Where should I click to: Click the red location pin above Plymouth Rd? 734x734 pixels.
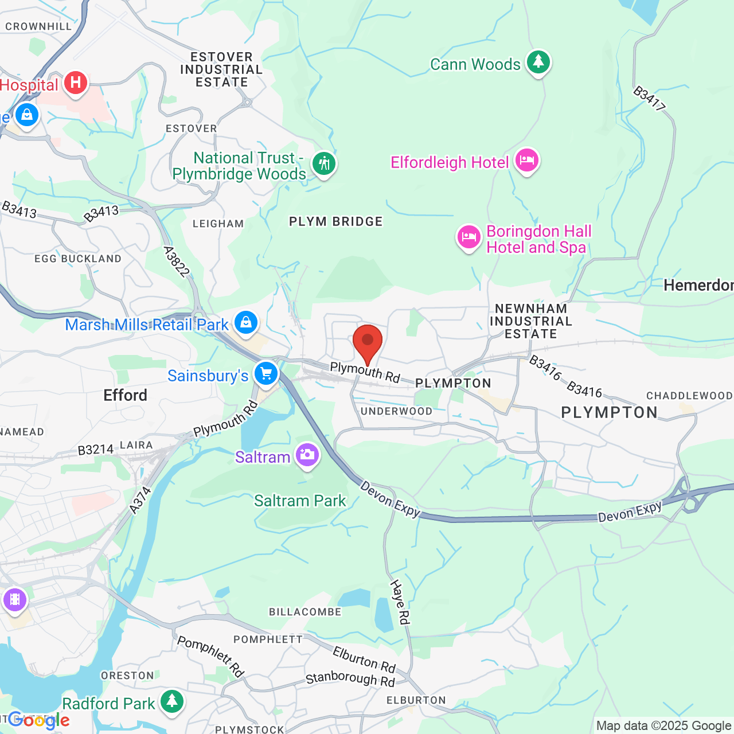[367, 342]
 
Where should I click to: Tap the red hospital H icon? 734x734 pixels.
[75, 83]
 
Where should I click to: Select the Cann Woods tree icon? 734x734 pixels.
[538, 61]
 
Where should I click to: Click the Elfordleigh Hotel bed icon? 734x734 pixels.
[526, 160]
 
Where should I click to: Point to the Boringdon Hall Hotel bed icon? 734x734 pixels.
[468, 236]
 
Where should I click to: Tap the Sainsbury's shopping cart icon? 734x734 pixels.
[266, 373]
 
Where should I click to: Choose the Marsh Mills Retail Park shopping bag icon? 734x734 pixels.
[246, 322]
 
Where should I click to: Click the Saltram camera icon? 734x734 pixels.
[307, 455]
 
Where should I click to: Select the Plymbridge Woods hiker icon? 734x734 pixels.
[324, 164]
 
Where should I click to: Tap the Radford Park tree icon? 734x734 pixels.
[171, 701]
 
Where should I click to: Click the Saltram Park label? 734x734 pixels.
[300, 501]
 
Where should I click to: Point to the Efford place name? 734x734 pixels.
[125, 395]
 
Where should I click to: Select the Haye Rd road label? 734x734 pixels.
[400, 602]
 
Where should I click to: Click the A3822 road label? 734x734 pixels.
[176, 261]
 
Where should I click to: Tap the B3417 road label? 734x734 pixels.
[649, 99]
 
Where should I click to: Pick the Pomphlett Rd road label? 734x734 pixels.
[210, 656]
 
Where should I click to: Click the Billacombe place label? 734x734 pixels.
[305, 612]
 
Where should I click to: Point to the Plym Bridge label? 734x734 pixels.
[335, 221]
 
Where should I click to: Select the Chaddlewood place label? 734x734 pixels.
[689, 396]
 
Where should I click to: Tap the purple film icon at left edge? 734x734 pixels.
[14, 600]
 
